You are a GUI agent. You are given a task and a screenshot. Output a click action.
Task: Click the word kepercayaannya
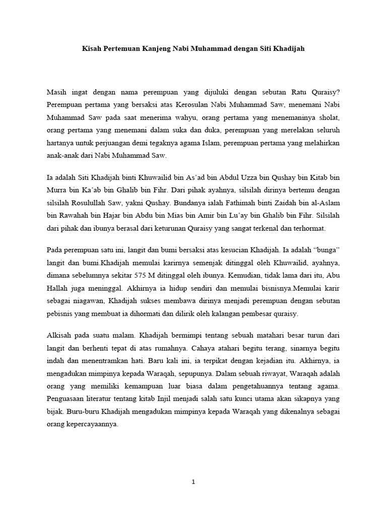(x=92, y=424)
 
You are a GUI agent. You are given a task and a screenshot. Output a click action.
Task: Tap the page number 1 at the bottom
(x=193, y=482)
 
